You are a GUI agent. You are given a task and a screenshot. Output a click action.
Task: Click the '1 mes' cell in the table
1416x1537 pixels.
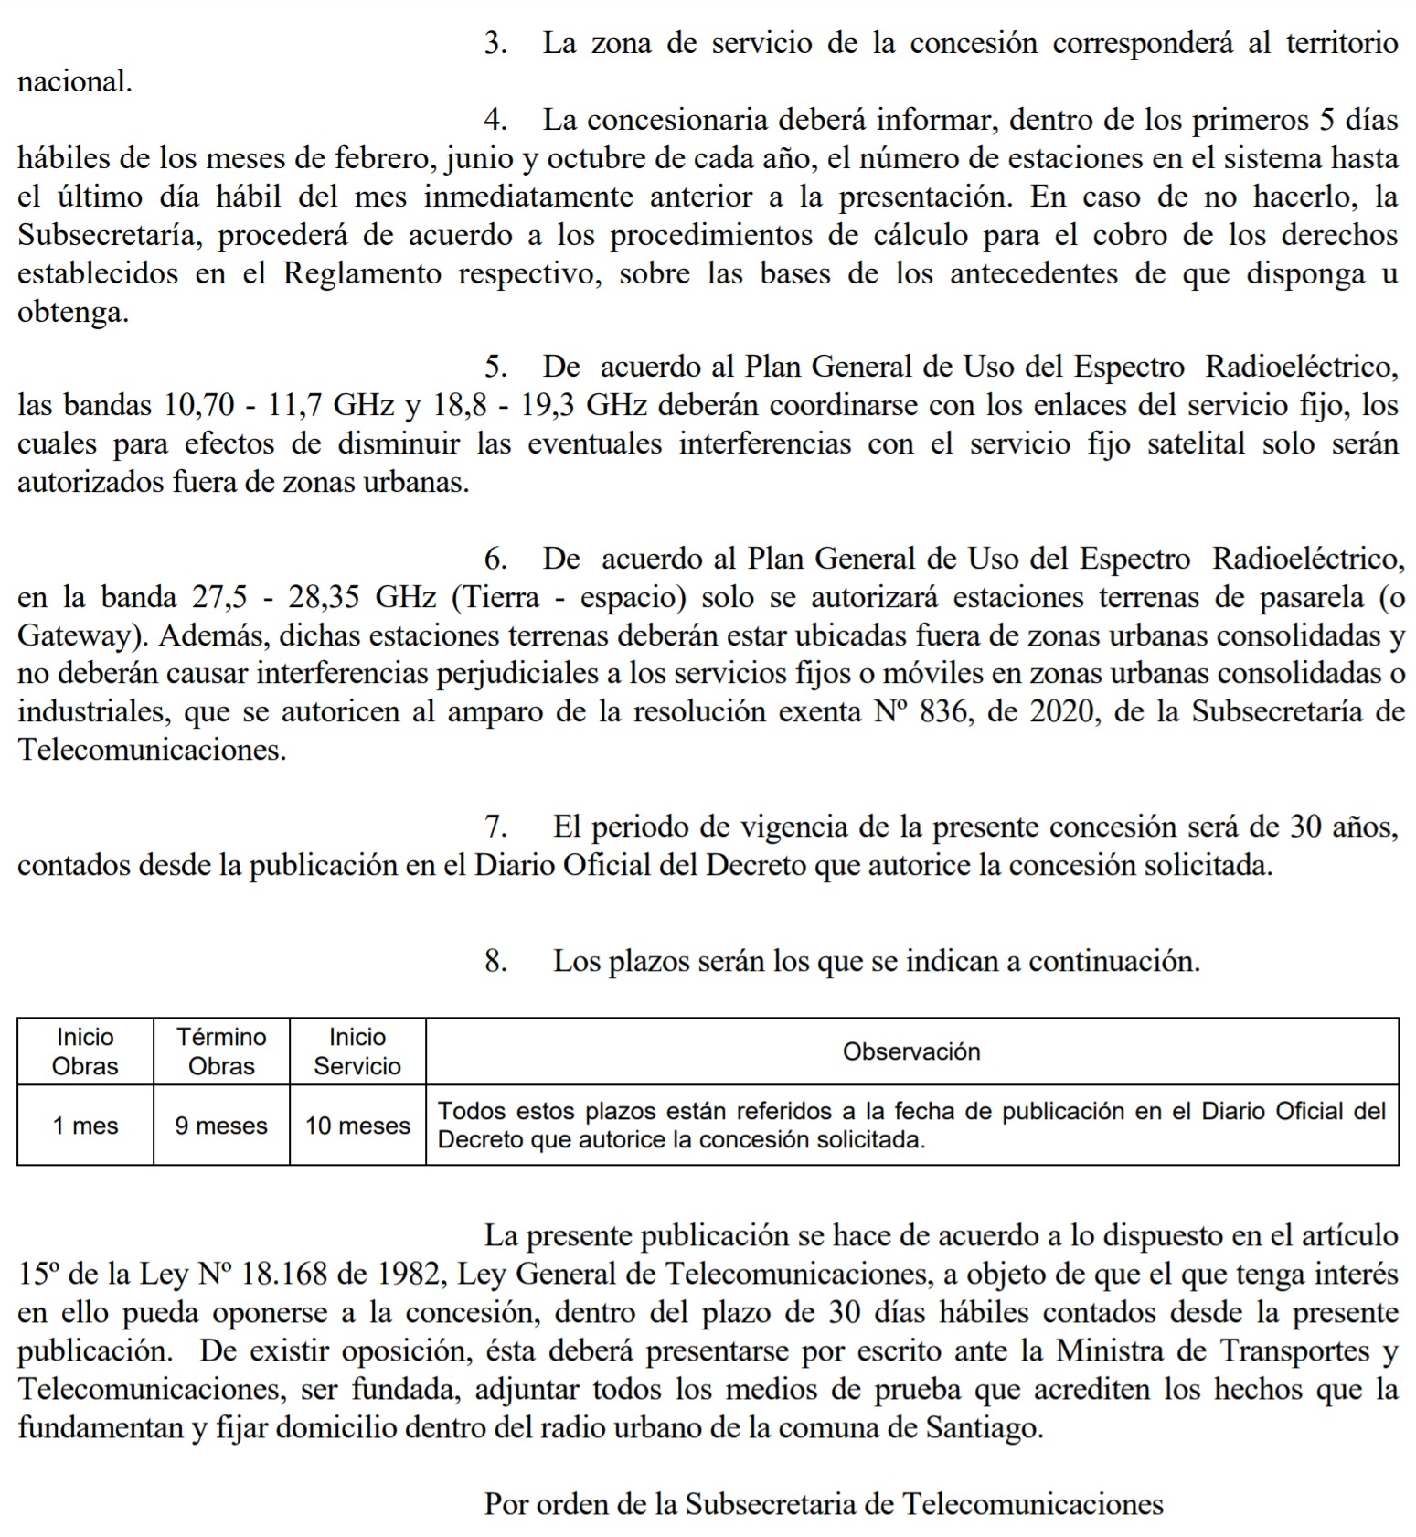85,1125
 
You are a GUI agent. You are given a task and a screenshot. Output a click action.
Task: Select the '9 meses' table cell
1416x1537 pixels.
221,1125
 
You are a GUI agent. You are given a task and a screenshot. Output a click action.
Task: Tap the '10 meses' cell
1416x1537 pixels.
357,1125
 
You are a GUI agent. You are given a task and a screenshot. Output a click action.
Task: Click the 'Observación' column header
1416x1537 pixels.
911,1051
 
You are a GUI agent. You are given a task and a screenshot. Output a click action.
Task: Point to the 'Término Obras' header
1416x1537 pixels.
221,1051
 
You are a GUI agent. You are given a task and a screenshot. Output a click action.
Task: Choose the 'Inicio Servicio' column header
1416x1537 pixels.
357,1051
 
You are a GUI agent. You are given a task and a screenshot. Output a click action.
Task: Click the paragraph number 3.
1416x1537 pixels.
495,43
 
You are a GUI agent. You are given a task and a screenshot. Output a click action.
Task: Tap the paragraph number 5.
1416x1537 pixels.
495,367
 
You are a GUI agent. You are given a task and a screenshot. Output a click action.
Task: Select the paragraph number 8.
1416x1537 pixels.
495,961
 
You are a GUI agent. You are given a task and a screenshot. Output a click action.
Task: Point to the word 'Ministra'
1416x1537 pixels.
1104,1350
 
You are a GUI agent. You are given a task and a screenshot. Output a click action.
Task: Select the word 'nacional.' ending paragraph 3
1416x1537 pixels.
75,81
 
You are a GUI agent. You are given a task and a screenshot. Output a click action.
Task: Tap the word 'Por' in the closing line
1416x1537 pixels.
505,1504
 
